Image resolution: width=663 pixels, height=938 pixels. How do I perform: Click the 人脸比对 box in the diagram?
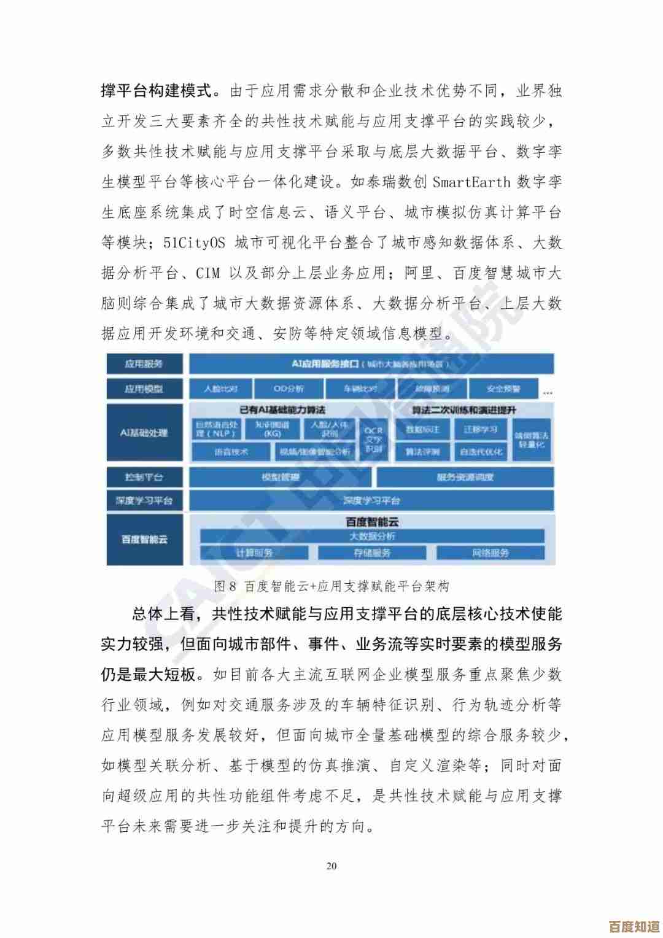coord(220,389)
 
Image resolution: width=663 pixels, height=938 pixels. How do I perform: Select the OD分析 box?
coord(289,389)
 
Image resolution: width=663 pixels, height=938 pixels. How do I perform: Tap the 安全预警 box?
coord(503,389)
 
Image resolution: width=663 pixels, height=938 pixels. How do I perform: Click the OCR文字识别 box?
coord(373,440)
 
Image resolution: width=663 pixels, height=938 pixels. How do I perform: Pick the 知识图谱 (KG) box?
coord(272,429)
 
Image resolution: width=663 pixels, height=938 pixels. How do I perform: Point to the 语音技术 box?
coord(231,452)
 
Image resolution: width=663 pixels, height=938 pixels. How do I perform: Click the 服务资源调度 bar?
coord(465,477)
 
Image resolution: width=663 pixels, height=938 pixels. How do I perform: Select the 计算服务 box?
coord(254,552)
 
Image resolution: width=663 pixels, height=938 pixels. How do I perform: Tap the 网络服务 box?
coord(490,552)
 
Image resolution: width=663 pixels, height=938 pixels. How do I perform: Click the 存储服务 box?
coord(372,552)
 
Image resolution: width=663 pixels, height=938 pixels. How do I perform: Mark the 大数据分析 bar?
coord(372,536)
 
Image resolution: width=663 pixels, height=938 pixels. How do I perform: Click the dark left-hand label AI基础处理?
coord(144,432)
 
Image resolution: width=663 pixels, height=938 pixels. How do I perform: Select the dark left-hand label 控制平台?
coord(144,477)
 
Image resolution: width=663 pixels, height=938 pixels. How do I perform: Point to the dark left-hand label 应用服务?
coord(144,364)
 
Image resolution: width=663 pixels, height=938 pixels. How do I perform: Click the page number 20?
coord(331,866)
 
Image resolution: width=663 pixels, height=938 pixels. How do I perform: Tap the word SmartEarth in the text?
coord(471,182)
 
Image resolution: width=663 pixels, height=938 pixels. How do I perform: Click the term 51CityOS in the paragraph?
coord(194,242)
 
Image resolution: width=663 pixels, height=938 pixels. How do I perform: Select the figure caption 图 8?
coord(225,586)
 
